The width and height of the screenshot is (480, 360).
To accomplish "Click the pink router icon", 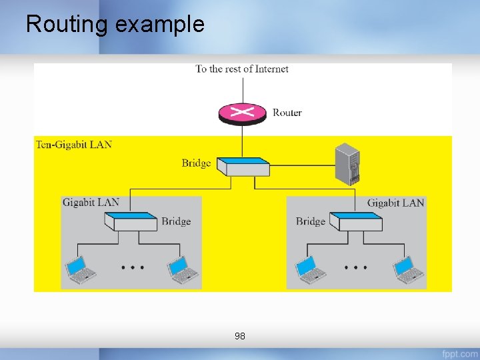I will [242, 113].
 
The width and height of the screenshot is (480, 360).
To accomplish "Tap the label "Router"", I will [287, 113].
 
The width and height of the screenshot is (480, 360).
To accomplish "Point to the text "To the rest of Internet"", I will [242, 69].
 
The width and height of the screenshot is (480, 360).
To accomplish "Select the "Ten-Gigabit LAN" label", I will [74, 144].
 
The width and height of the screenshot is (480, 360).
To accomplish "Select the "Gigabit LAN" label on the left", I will [91, 202].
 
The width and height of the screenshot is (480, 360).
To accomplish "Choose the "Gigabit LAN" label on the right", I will [395, 202].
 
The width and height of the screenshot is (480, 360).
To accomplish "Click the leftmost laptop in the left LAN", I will [81, 269].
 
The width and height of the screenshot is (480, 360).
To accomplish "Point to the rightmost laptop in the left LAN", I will [182, 269].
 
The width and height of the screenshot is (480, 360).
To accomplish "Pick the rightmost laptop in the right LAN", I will [407, 269].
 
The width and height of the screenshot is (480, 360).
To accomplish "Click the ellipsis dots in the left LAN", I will [132, 267].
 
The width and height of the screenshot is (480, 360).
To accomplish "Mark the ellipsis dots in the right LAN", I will [356, 267].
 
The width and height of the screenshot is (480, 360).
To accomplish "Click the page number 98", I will [240, 337].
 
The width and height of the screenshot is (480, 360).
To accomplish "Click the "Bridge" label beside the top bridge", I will [196, 163].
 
